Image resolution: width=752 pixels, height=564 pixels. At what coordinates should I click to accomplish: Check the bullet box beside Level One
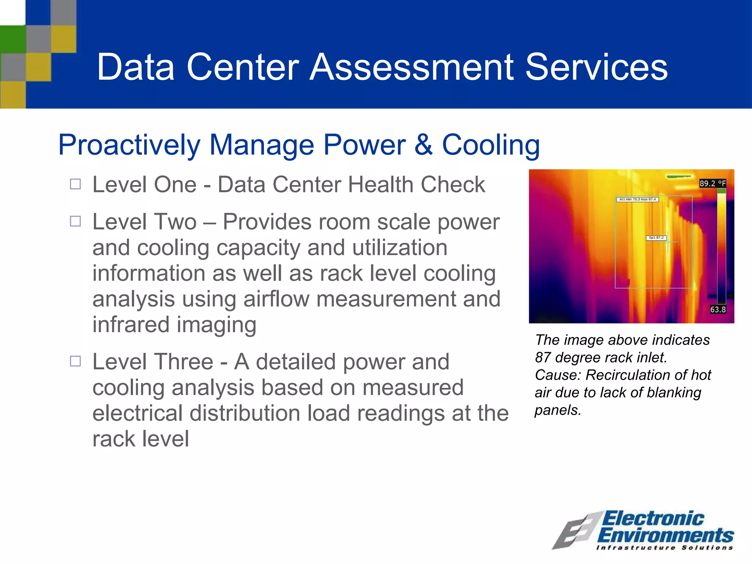coord(75,184)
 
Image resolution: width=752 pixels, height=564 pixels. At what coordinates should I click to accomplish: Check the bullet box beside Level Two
coord(75,221)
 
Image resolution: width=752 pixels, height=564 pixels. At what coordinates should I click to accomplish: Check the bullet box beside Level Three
coord(75,361)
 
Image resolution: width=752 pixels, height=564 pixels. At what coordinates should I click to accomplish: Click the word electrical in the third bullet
coord(137,413)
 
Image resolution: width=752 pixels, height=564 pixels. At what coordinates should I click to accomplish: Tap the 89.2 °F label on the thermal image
coord(712,183)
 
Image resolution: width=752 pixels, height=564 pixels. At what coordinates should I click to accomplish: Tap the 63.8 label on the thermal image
coord(717,310)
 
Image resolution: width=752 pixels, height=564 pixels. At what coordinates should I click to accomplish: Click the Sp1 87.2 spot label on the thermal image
coord(656,238)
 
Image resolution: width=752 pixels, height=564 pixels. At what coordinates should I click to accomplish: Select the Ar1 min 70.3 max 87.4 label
coord(637,199)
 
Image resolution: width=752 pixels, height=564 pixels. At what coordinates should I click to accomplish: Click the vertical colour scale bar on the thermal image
coord(721,246)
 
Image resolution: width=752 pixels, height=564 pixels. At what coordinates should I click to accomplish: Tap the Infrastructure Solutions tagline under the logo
coord(665,548)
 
